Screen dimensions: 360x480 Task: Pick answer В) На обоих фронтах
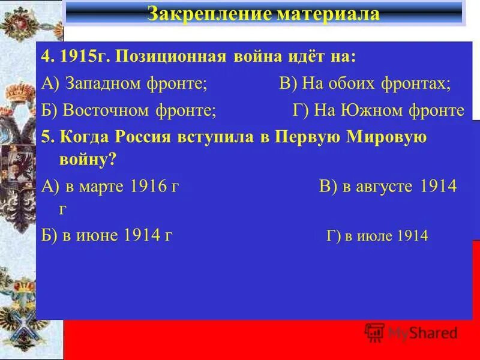365,84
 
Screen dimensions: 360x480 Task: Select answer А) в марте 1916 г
110,186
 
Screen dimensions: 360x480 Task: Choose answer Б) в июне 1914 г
108,235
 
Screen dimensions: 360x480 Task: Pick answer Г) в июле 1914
377,235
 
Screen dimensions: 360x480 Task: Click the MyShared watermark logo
412,332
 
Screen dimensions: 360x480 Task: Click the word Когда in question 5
77,136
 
